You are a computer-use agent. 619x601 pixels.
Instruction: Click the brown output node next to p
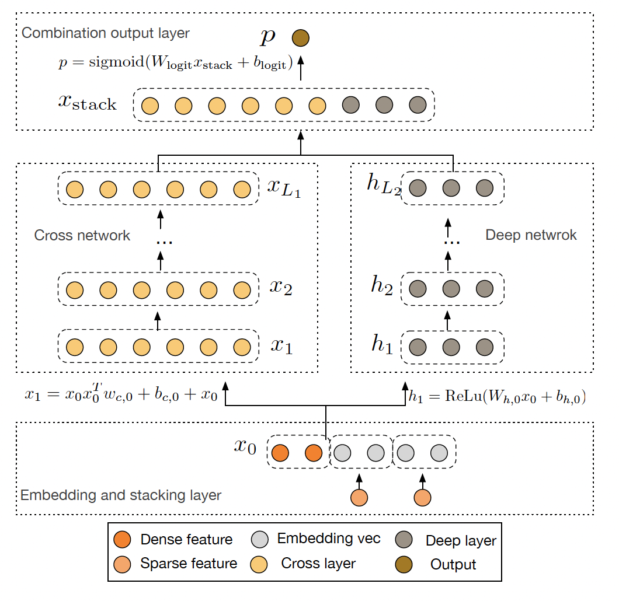(x=300, y=38)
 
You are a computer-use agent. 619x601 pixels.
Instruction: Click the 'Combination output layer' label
(x=105, y=33)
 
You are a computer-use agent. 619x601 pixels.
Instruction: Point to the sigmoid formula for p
(x=176, y=62)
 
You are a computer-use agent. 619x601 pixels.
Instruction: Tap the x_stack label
(x=87, y=103)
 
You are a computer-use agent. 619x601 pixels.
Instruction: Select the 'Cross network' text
(x=82, y=235)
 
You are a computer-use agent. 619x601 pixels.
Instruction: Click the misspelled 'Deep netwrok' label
(x=531, y=235)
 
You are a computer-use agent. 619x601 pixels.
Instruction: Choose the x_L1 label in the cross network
(x=284, y=188)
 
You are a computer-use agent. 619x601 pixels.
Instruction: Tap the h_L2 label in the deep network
(x=384, y=184)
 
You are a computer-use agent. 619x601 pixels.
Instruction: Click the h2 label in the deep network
(x=382, y=285)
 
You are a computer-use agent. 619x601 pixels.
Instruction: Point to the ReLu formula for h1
(x=498, y=396)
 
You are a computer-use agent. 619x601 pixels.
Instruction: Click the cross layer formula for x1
(x=121, y=393)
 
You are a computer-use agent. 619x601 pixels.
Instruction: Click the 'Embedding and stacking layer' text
(x=121, y=495)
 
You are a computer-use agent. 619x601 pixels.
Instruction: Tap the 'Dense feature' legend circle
(x=122, y=539)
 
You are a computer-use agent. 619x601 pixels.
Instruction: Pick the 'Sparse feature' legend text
(x=189, y=564)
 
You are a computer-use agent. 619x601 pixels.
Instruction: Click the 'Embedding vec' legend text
(x=329, y=539)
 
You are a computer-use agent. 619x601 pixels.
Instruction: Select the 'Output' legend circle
(x=404, y=564)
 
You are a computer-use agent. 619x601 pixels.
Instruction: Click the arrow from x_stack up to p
(x=301, y=68)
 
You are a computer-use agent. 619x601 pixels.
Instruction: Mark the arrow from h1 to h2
(x=447, y=320)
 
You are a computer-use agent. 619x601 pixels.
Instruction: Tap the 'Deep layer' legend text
(x=461, y=541)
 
